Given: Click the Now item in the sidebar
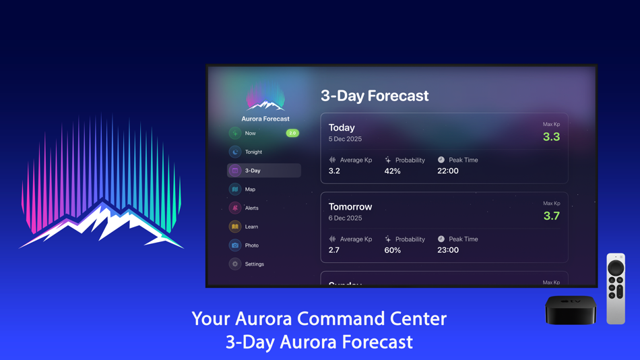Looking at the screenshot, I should click(x=251, y=133).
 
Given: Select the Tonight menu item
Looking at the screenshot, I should click(x=253, y=152).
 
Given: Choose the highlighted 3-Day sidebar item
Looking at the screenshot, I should click(x=263, y=171).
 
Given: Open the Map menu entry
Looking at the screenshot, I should click(x=250, y=189).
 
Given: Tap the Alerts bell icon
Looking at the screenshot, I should click(x=235, y=208).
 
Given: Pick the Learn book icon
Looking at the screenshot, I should click(x=235, y=227).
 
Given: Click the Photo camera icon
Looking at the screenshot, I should click(x=235, y=245).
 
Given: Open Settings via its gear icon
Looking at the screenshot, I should click(x=235, y=264).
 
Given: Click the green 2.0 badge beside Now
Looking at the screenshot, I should click(x=292, y=133).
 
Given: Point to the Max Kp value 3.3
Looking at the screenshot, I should click(x=551, y=137).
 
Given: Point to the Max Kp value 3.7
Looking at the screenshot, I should click(x=551, y=216).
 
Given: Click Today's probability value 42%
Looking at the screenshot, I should click(x=392, y=171).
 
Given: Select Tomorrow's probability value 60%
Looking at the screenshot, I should click(x=392, y=250).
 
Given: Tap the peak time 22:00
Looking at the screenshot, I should click(x=448, y=171).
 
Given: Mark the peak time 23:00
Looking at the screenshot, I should click(x=448, y=250).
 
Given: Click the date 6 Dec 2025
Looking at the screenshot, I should click(x=345, y=218).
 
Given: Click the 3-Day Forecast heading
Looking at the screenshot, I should click(x=375, y=96).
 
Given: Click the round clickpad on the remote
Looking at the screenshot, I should click(x=616, y=268).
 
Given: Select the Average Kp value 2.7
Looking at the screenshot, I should click(x=334, y=250).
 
